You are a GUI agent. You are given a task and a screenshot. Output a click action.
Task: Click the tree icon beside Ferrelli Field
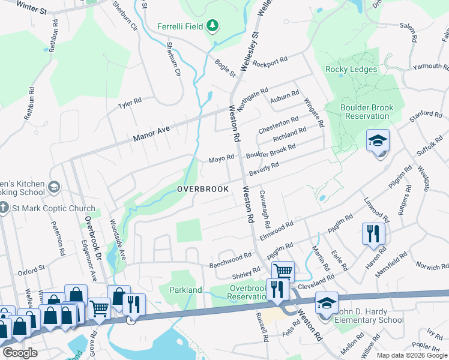pos(212,26)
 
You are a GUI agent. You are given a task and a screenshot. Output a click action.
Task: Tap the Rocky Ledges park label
pos(351,69)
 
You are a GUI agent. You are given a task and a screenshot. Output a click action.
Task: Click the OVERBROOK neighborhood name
pos(203,189)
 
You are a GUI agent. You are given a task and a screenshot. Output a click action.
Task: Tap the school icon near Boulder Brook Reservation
pos(378,142)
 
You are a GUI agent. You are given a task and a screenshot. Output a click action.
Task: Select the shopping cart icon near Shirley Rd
pos(283,271)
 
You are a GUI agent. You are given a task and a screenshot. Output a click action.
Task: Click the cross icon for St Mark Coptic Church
pos(4,208)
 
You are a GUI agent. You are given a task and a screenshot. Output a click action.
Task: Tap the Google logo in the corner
pos(20,353)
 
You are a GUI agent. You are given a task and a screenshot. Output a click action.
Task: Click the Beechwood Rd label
pos(230,260)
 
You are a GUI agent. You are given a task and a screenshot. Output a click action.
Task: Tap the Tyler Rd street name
pos(130,103)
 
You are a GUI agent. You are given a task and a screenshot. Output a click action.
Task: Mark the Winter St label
pos(32,9)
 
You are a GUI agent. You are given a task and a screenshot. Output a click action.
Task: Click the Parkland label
pos(185,290)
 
